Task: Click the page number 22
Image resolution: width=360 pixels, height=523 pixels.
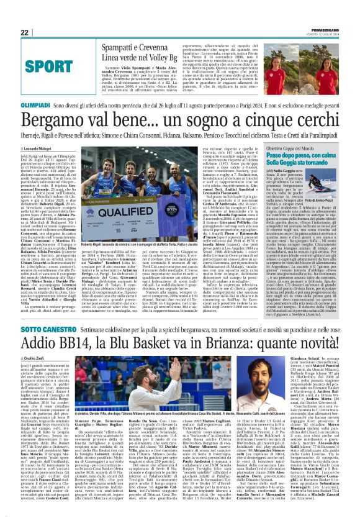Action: click(x=24, y=33)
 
